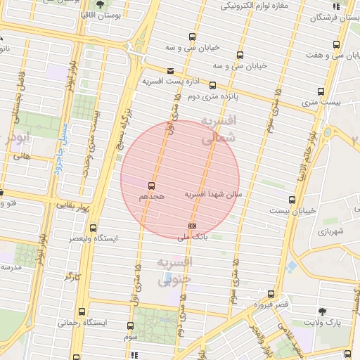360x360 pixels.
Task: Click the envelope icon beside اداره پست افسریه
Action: pos(171,70)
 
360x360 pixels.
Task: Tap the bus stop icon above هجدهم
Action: pos(151,186)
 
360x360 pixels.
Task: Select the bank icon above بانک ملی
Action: pos(192,225)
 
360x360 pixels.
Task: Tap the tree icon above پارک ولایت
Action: pos(323,310)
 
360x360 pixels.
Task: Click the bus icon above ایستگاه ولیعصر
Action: pos(94,228)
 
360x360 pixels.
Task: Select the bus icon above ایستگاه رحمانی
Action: pos(83,311)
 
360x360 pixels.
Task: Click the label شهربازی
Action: pos(330,231)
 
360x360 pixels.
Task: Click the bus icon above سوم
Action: pos(130,326)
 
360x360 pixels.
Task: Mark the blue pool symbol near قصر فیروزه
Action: pos(291,266)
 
